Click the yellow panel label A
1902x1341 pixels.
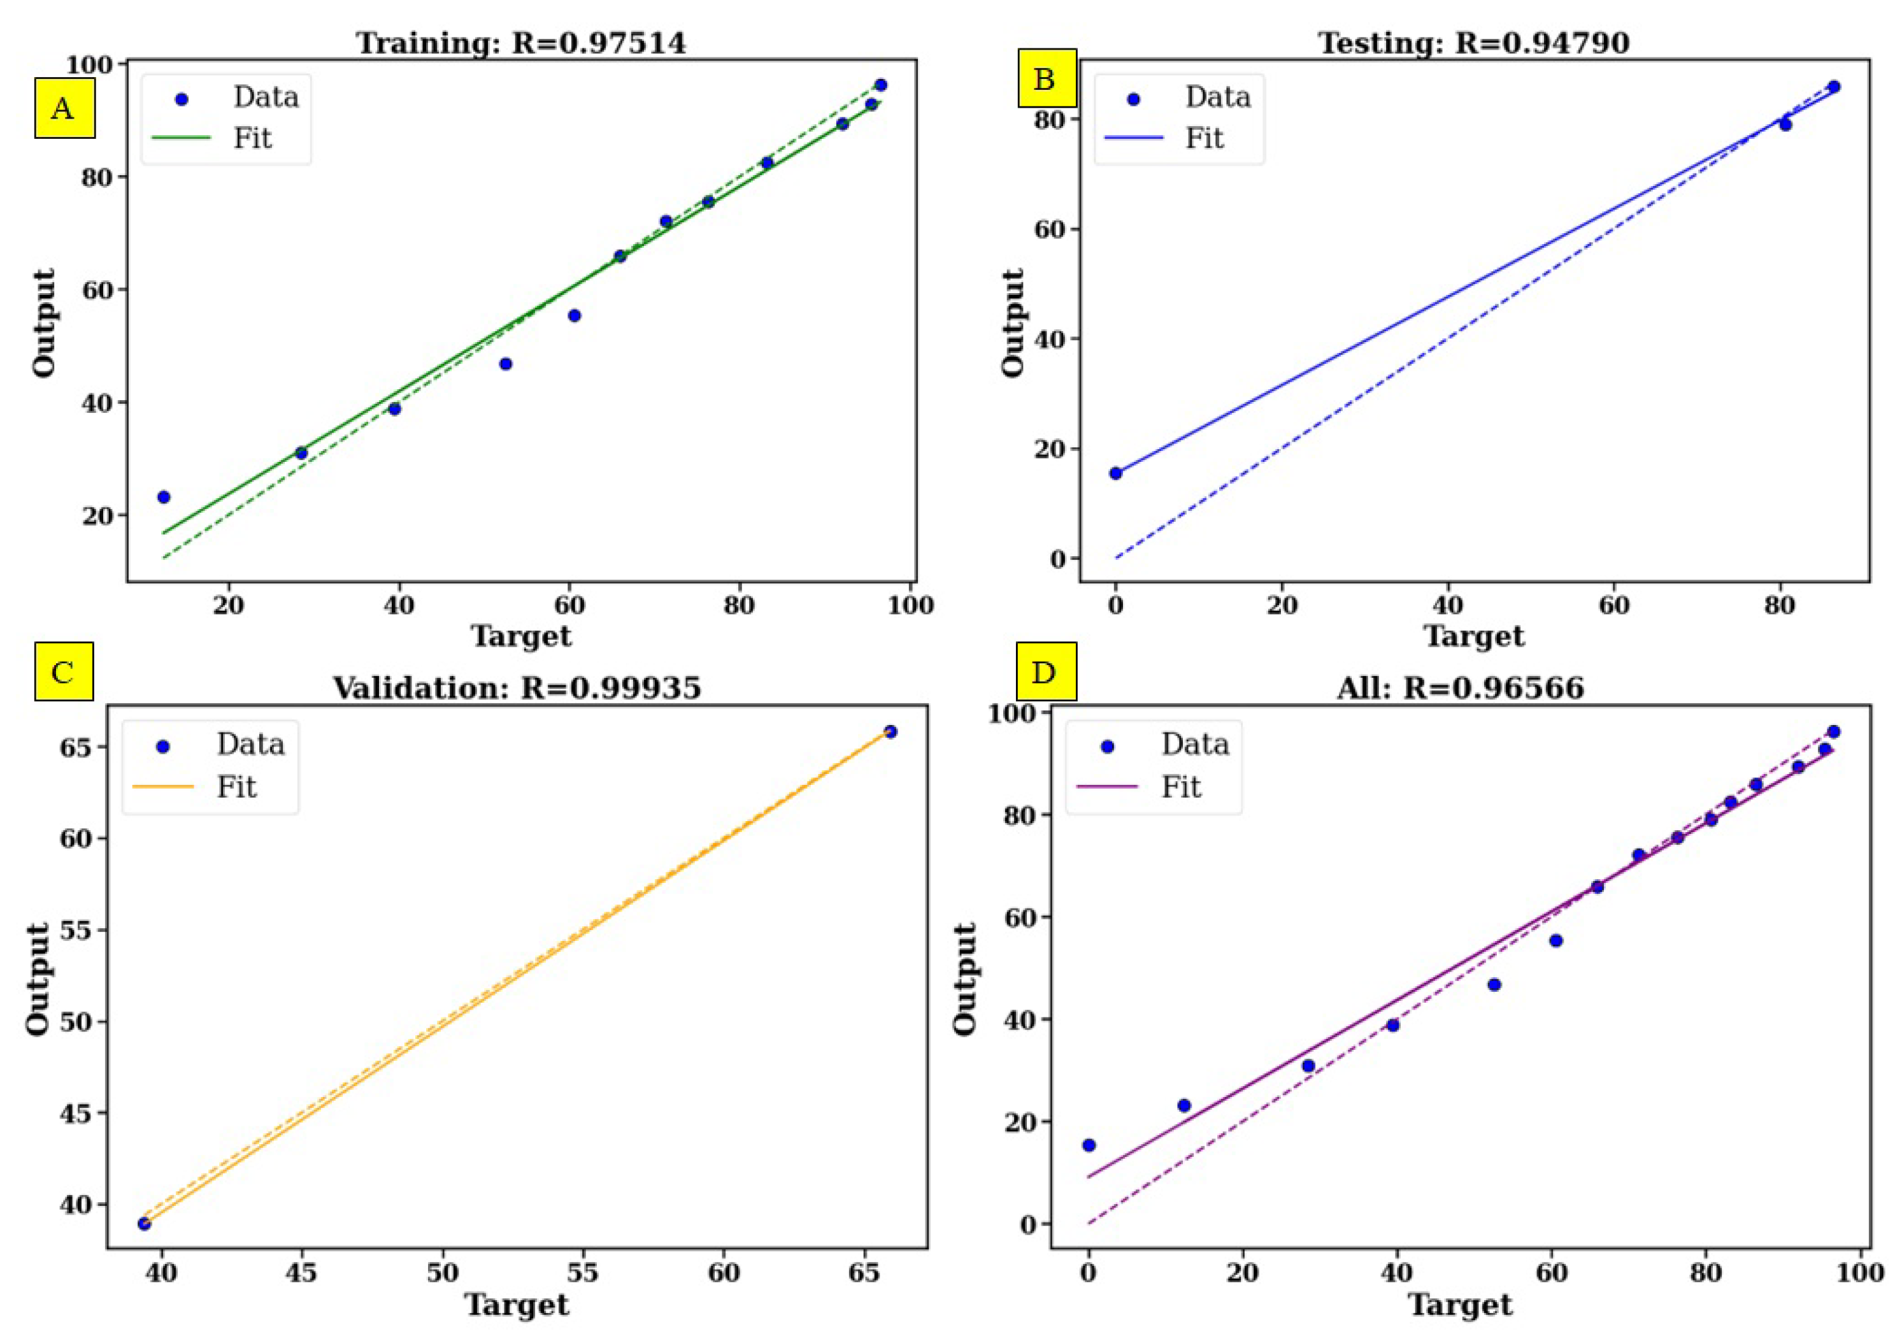coord(64,108)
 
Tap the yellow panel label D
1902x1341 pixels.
coord(1045,671)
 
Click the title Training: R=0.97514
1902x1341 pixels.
coord(521,43)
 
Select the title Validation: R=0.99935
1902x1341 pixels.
coord(517,687)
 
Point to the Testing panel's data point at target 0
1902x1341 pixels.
coord(1116,473)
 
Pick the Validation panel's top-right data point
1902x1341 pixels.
coord(890,731)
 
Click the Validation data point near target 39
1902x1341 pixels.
coord(144,1223)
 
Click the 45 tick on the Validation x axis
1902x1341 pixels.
coord(301,1272)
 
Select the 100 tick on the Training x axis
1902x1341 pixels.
coord(910,605)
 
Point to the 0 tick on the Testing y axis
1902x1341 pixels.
coord(1058,559)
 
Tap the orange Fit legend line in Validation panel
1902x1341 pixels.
coord(163,786)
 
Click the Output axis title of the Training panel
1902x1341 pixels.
coord(44,322)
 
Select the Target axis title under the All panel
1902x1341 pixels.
coord(1460,1305)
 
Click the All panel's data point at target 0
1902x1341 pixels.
coord(1089,1145)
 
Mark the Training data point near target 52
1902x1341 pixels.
coord(505,364)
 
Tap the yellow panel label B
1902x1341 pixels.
coord(1047,79)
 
